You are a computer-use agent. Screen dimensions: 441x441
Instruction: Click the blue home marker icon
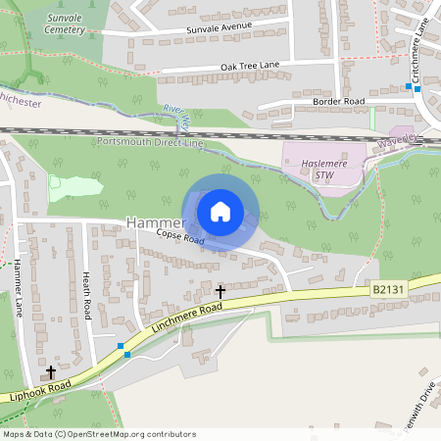point(220,211)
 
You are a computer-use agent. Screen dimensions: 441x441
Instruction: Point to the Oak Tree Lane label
point(250,66)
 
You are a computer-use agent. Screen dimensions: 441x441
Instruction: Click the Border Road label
point(338,101)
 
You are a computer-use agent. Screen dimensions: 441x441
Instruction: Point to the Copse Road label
point(179,238)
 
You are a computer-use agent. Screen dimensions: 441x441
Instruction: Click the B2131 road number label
point(387,289)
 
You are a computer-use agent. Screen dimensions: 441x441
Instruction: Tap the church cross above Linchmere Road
point(220,291)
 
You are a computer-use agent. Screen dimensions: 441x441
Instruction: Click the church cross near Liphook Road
point(51,372)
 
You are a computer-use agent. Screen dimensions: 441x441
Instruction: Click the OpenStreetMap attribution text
point(99,434)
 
